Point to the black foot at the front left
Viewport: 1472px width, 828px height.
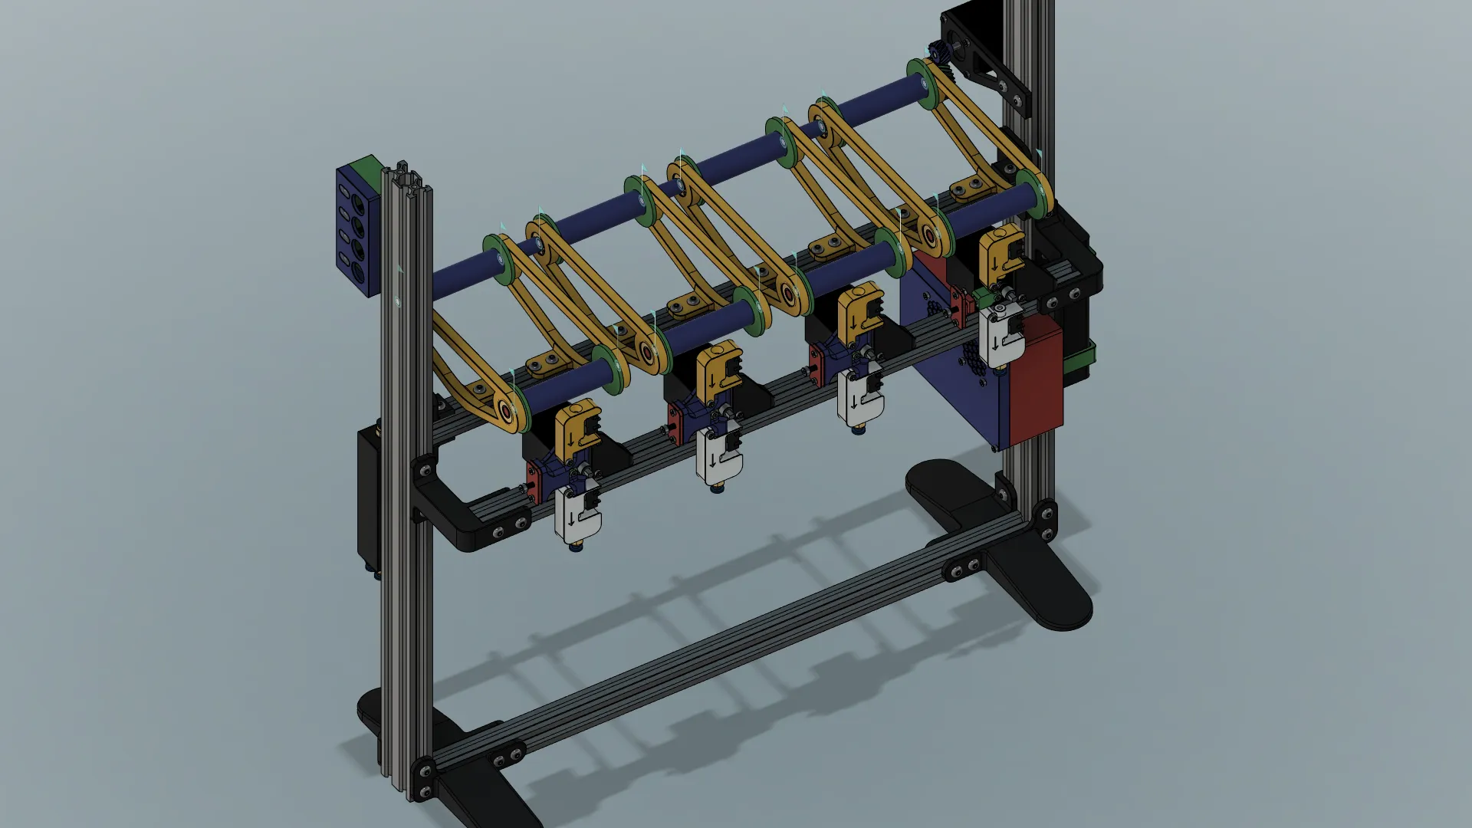pos(475,797)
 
